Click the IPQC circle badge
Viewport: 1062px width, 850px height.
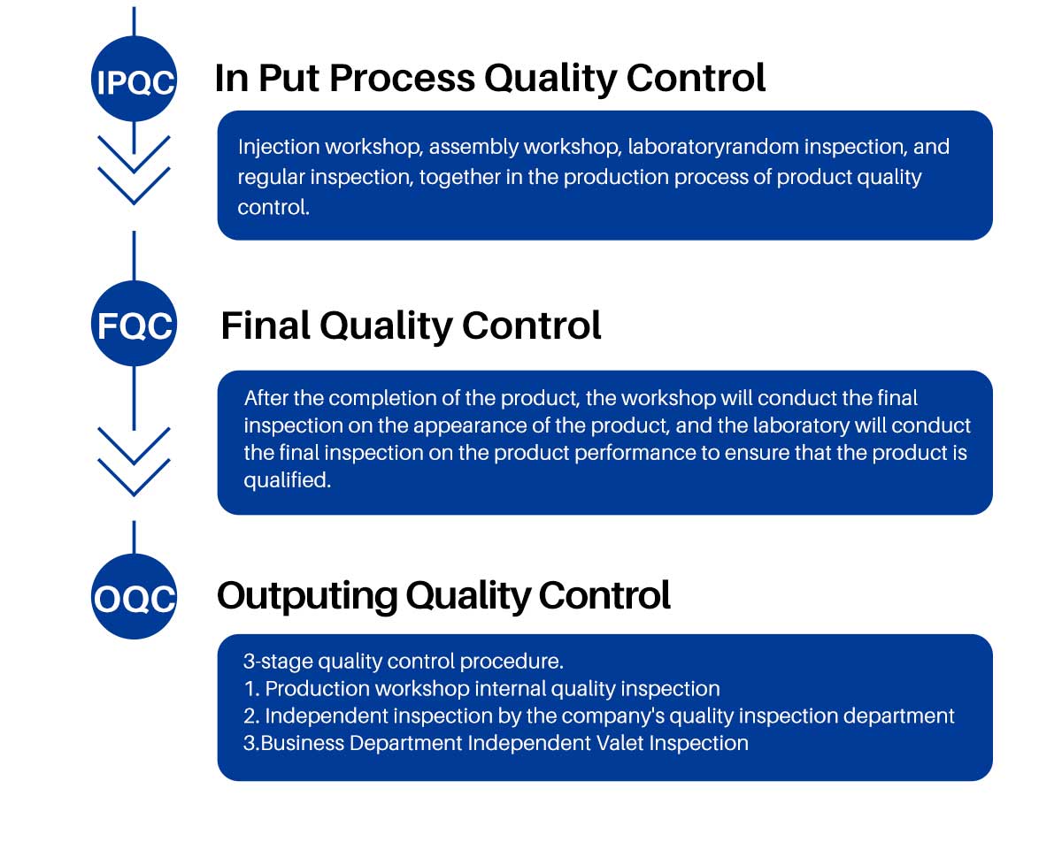(134, 79)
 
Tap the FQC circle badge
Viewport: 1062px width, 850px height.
(134, 324)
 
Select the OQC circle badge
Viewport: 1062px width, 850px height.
(134, 596)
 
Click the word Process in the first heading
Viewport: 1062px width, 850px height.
(402, 78)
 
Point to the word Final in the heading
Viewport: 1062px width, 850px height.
(265, 325)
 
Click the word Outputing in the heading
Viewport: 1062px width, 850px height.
(307, 596)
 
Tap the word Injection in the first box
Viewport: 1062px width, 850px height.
(279, 148)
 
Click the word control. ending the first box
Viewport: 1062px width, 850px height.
(273, 208)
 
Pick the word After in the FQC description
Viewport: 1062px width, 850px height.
(266, 398)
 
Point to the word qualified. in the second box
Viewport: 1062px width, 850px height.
(288, 480)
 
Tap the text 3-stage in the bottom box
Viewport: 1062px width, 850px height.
(278, 662)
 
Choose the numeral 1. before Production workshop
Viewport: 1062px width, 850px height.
(251, 689)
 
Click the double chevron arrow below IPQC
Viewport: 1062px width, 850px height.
(134, 170)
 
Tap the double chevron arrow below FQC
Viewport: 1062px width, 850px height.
(134, 461)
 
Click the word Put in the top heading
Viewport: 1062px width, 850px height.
(289, 78)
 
